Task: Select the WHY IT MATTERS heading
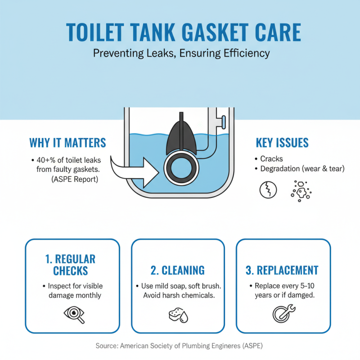[x=67, y=143]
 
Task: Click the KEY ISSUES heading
[x=282, y=143]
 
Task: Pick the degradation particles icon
[x=301, y=190]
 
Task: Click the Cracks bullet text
[x=271, y=159]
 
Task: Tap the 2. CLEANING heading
[x=177, y=270]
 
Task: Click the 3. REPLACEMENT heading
[x=282, y=270]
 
